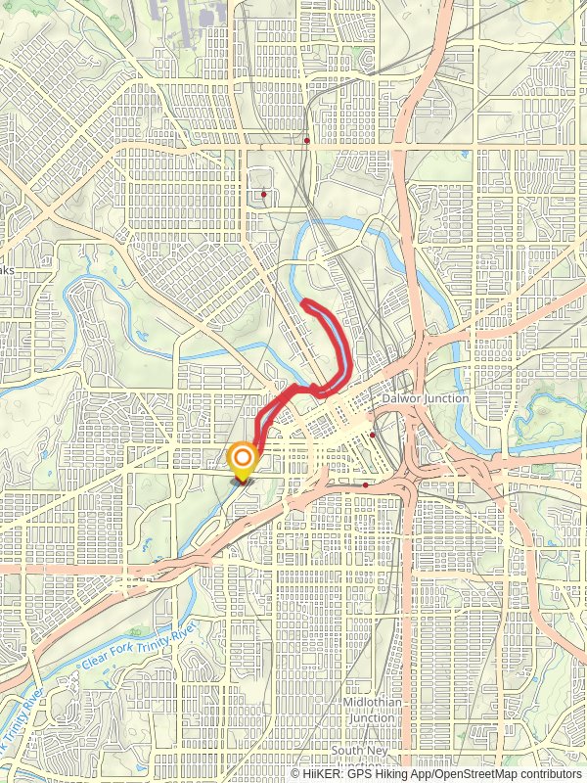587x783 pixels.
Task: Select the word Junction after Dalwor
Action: coord(446,398)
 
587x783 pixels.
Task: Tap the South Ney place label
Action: coord(360,751)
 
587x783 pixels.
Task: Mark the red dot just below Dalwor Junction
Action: coord(373,434)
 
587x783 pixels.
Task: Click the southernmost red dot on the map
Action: coord(365,484)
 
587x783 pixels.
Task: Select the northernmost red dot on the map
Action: coord(307,141)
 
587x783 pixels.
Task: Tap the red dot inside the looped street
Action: coord(264,194)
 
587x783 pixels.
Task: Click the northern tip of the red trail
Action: coord(305,302)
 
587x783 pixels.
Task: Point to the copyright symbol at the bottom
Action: coord(295,774)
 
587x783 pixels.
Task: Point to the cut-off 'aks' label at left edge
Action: coord(6,271)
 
